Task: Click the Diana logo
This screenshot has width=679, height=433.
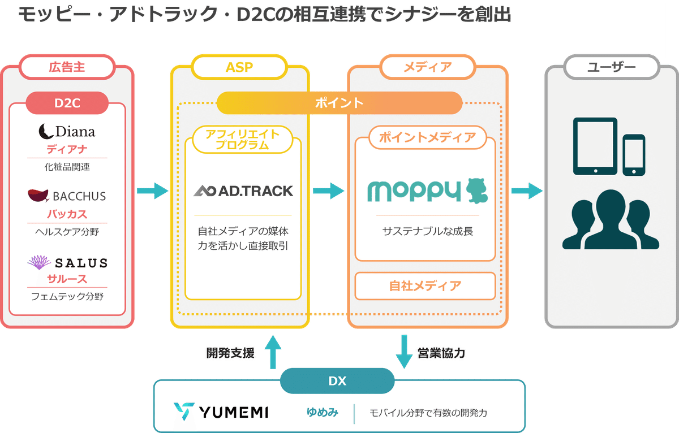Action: [x=67, y=132]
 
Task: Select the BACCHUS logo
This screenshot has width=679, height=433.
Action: [x=67, y=196]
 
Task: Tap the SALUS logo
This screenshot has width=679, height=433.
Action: [x=67, y=262]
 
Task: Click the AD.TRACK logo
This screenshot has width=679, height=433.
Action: [x=243, y=191]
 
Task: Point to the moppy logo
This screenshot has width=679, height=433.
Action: [x=427, y=191]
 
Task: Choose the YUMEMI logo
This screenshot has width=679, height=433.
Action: [x=221, y=412]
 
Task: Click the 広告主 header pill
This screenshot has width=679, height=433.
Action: [x=67, y=67]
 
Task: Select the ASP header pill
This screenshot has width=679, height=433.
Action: [x=239, y=67]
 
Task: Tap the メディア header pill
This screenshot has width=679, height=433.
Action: [x=427, y=67]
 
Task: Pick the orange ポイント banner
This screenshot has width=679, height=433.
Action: [x=339, y=103]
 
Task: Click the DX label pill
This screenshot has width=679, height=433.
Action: [x=337, y=381]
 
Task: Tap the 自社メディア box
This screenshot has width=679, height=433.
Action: [x=425, y=285]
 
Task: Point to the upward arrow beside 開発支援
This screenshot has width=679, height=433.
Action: [x=273, y=350]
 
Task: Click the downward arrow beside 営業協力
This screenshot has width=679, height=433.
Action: [x=404, y=350]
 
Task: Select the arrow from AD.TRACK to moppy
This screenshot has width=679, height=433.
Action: [x=329, y=191]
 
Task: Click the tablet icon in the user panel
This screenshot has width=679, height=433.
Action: [x=595, y=146]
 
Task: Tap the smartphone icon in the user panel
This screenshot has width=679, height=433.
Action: [x=634, y=155]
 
